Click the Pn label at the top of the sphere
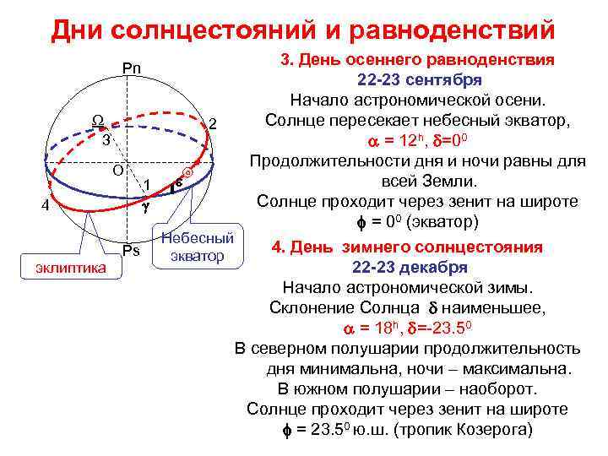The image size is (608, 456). tap(132, 68)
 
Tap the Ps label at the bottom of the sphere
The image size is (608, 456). tap(130, 250)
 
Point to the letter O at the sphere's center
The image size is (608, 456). tap(119, 170)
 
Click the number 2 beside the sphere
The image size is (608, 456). tap(214, 124)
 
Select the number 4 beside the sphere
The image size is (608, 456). tap(51, 206)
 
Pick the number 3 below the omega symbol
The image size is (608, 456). tap(106, 139)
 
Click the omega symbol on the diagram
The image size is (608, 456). tap(98, 122)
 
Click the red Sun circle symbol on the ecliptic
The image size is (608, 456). tap(189, 172)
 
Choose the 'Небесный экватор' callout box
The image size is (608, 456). tap(196, 247)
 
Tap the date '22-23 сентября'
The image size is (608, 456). tap(420, 80)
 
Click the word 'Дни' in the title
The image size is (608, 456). tap(79, 30)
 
